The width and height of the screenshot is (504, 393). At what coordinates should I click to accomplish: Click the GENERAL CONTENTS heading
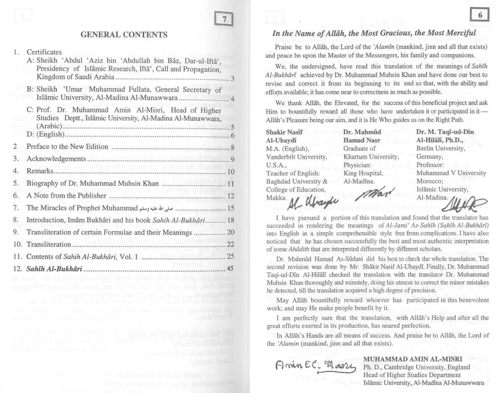pos(124,35)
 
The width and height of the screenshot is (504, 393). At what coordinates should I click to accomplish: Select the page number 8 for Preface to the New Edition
pos(232,146)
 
